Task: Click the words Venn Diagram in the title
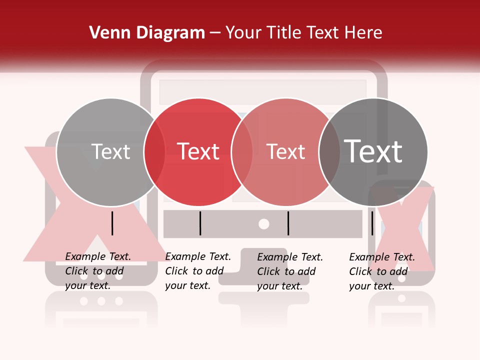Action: point(147,33)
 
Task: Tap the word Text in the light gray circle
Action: point(110,151)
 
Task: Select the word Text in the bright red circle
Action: point(198,151)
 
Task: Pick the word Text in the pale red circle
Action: point(285,151)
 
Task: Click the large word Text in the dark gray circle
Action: point(373,151)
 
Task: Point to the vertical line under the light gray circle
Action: point(112,223)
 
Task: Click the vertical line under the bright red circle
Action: point(200,223)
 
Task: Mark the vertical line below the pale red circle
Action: point(288,223)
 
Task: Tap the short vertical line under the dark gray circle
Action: point(372,223)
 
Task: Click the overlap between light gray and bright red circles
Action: point(154,152)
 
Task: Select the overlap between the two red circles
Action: point(242,152)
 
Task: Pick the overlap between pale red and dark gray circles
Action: point(329,152)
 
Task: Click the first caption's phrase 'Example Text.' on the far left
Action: point(98,256)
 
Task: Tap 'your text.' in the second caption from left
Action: point(187,285)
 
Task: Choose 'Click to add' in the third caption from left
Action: point(286,271)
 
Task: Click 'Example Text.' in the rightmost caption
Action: point(382,257)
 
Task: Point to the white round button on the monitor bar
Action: point(263,224)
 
